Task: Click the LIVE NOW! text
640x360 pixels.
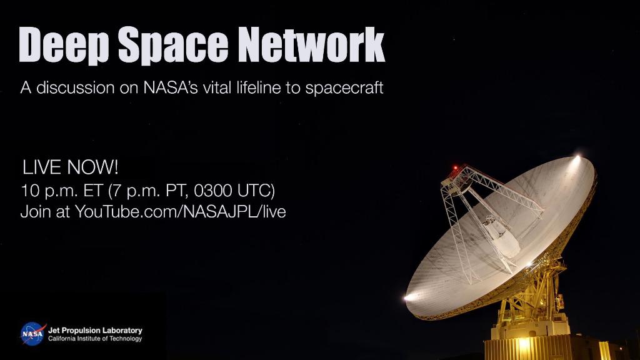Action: pos(70,167)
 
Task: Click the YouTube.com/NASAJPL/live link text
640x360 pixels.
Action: pos(180,212)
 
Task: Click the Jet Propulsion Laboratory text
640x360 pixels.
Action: pos(95,330)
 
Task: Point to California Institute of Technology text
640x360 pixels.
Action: pos(95,339)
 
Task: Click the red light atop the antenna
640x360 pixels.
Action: pos(456,168)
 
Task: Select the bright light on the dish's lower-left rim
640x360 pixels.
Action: pos(409,297)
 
